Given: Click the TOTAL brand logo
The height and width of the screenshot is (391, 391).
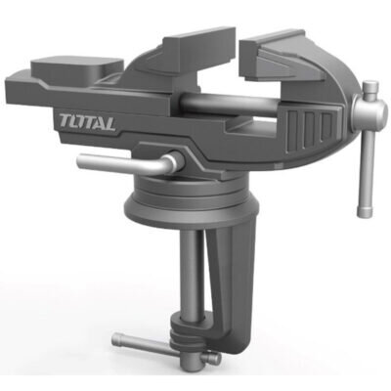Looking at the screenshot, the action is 87,123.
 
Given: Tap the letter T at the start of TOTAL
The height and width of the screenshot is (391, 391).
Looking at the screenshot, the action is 65,121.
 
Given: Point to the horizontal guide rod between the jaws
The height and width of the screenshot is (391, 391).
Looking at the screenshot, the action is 228,103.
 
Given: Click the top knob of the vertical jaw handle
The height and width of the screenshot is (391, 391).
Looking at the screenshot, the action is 370,87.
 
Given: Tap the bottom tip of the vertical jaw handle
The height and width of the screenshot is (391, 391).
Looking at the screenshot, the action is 365,213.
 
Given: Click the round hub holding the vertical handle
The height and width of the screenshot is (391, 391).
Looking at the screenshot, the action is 369,110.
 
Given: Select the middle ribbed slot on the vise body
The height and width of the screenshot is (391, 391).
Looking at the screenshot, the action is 309,128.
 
